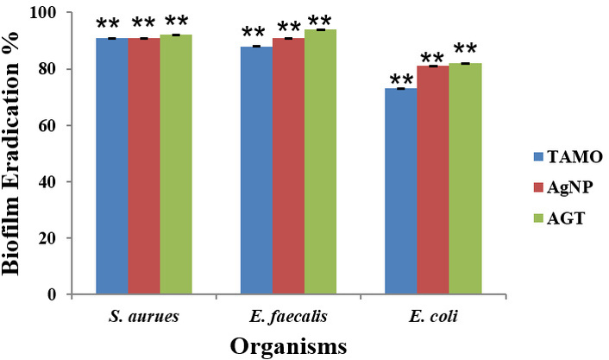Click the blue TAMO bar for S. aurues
click(x=112, y=166)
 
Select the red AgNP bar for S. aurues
click(x=144, y=166)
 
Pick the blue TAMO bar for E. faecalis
click(x=256, y=170)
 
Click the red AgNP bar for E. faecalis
click(x=288, y=166)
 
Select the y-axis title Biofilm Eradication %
click(x=13, y=153)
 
